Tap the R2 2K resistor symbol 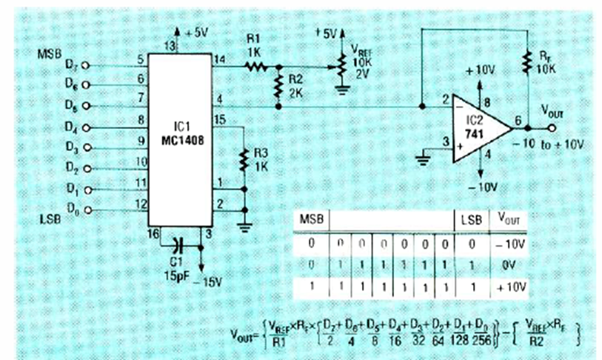click(x=278, y=87)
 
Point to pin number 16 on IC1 click(x=153, y=234)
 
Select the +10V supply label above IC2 click(x=481, y=70)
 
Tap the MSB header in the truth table click(x=310, y=220)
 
